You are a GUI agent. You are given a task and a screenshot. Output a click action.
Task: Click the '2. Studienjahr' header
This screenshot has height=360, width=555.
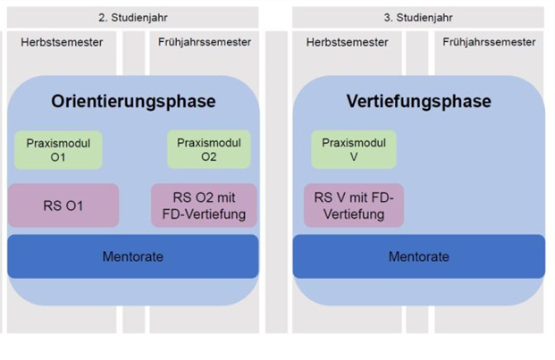point(132,17)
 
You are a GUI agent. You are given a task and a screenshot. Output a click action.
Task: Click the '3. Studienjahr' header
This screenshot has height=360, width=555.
point(418,17)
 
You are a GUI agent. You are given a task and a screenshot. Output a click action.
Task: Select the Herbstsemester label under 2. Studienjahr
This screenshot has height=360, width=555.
point(61,42)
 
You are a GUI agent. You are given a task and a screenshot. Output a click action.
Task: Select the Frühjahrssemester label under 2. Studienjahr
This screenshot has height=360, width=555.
point(204,42)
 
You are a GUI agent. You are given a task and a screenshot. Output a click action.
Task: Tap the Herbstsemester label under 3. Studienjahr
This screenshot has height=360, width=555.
point(347,42)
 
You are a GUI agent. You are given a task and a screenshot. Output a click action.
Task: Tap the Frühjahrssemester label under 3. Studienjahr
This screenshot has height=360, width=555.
point(489,42)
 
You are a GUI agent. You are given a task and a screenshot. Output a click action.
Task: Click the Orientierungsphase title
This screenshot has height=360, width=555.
point(133,101)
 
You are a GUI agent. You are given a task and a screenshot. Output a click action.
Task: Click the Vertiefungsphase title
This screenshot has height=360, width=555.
point(418,101)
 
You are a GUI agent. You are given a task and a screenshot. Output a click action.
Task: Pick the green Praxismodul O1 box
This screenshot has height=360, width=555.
point(58,150)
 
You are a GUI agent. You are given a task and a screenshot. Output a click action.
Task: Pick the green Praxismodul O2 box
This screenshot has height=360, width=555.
point(208,150)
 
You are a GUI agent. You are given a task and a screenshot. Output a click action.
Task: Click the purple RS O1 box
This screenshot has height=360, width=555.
point(63,205)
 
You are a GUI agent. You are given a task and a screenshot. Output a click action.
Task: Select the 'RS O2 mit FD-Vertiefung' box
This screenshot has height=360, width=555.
point(204,205)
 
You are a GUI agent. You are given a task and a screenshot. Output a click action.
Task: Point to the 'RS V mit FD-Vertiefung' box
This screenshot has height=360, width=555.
point(354,205)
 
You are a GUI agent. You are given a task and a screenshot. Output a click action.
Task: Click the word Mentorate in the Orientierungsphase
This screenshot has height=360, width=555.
point(132,256)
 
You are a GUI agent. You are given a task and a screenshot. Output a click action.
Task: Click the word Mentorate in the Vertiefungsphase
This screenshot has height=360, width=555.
point(418,256)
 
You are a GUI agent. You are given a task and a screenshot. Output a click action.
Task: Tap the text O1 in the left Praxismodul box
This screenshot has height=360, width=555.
point(59,157)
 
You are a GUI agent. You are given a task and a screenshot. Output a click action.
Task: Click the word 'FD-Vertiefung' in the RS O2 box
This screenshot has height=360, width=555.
point(205,214)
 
